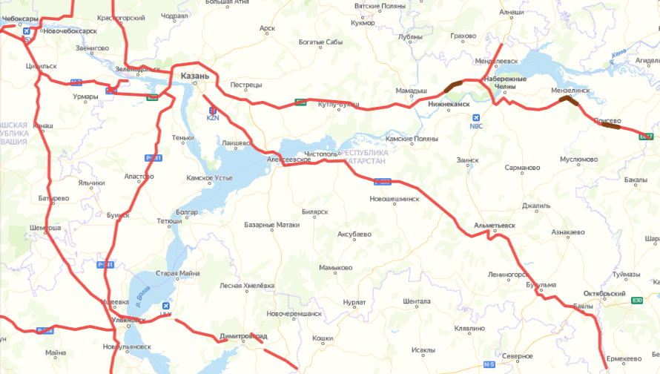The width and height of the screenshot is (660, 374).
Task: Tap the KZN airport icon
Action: tap(213, 111)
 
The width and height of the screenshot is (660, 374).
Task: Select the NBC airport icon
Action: tap(476, 117)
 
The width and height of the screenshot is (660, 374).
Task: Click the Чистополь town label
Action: tap(323, 154)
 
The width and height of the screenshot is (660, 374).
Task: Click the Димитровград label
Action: tap(243, 337)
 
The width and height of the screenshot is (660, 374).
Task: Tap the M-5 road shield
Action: tap(489, 364)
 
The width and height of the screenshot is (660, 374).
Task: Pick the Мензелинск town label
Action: tap(568, 90)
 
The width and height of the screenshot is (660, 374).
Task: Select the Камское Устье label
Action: tap(210, 178)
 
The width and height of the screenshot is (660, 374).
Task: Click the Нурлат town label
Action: tap(355, 302)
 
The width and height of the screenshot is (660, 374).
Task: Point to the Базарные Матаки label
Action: tap(272, 224)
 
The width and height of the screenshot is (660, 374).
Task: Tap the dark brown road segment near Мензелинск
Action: tap(570, 100)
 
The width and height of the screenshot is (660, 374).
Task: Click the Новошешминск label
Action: tap(394, 199)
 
